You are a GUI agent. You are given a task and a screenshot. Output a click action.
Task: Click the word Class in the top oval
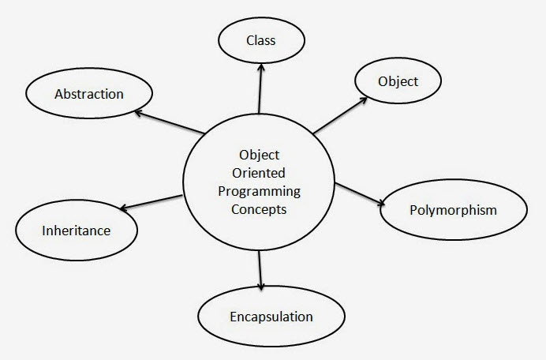tap(260, 41)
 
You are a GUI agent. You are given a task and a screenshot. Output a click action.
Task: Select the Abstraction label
tap(88, 94)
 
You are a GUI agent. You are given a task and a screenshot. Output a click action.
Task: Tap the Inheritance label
tap(76, 231)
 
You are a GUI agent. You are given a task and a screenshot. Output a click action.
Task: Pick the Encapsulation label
tap(271, 317)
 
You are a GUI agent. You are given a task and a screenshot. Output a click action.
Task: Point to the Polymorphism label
tap(453, 210)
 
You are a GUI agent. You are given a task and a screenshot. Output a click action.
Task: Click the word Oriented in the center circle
tap(260, 172)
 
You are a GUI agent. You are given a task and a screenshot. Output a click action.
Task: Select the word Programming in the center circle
tap(260, 191)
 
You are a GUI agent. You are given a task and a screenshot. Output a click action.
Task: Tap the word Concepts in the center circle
tap(260, 210)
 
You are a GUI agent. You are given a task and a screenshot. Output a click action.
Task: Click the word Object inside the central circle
tap(260, 154)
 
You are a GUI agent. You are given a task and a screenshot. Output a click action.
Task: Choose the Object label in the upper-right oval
tap(397, 81)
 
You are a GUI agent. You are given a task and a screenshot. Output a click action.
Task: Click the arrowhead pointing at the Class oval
tap(260, 69)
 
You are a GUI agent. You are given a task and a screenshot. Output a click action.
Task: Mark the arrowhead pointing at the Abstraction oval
tap(137, 113)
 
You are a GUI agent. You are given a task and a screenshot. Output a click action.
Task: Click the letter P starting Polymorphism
tap(414, 210)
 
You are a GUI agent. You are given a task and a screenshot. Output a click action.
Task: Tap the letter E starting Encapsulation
tap(233, 317)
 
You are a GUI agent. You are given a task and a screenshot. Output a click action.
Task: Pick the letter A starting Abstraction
tap(59, 94)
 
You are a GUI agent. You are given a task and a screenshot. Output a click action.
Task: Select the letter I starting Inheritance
tap(43, 231)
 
